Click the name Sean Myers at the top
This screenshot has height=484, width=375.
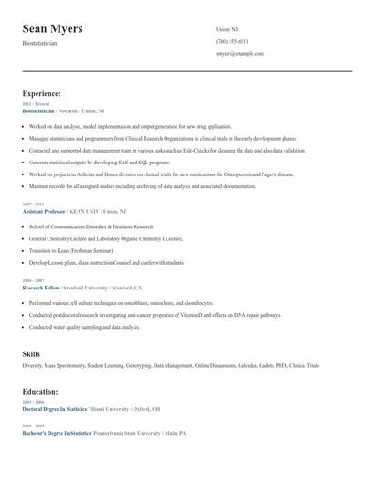click(x=52, y=28)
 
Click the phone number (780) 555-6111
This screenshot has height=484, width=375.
click(x=231, y=41)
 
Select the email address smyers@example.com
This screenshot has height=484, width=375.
click(x=240, y=54)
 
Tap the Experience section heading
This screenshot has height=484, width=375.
click(x=42, y=93)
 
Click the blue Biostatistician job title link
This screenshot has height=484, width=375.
click(x=45, y=110)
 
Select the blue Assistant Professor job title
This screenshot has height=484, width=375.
click(x=48, y=211)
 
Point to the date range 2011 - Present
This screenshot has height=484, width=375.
click(x=37, y=104)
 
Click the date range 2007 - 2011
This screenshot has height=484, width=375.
click(x=32, y=205)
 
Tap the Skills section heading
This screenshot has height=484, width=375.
click(x=31, y=352)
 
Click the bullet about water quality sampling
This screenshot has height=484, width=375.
click(x=84, y=327)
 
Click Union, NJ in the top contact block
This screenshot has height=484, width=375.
click(x=228, y=27)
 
